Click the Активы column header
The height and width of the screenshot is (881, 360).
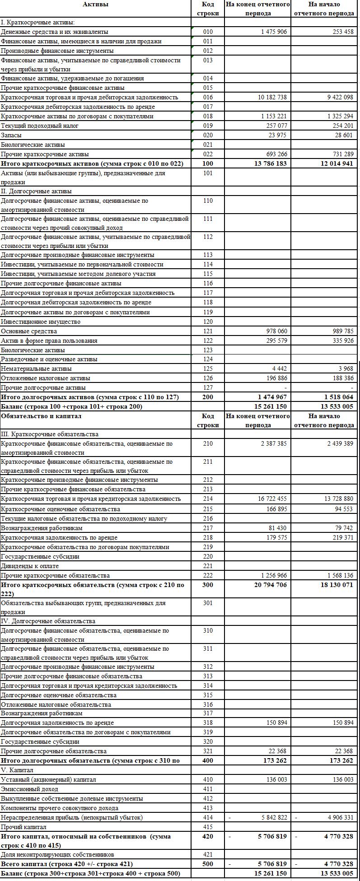[x=95, y=5]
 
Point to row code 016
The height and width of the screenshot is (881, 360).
[x=208, y=97]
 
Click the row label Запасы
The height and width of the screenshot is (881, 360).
[x=11, y=135]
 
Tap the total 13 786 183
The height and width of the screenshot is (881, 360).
[x=270, y=163]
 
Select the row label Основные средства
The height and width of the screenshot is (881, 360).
[x=29, y=331]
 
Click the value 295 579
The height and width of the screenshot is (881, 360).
[x=276, y=340]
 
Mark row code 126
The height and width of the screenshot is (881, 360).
[x=208, y=378]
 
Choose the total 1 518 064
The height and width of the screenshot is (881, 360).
[x=337, y=397]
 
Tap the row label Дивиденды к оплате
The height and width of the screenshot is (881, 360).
[x=30, y=566]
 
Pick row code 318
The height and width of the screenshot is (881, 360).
[x=208, y=723]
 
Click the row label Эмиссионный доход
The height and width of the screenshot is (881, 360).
[x=29, y=789]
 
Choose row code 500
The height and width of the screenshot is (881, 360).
[x=208, y=864]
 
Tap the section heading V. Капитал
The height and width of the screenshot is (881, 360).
[x=17, y=770]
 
